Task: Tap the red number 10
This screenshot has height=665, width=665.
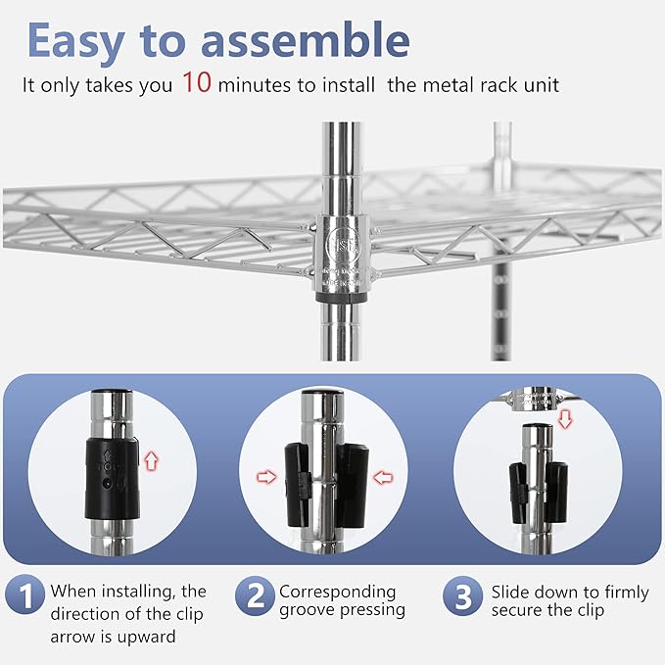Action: pos(196,83)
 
